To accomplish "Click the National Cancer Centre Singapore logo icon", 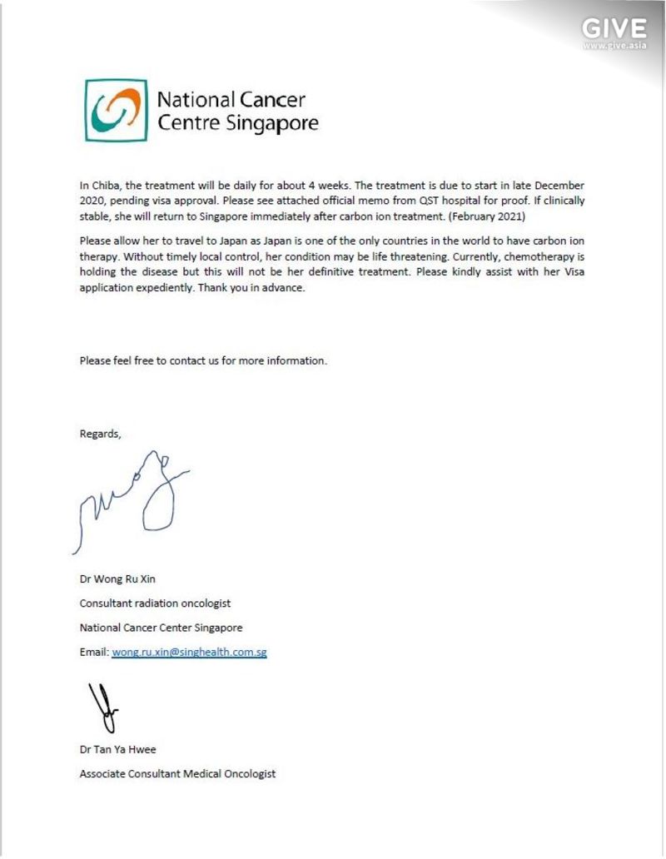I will [x=116, y=112].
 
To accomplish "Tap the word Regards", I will [x=100, y=434].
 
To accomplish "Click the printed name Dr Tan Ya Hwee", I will [x=117, y=749].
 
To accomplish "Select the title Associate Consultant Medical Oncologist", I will [x=177, y=773].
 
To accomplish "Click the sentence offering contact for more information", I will [x=203, y=360].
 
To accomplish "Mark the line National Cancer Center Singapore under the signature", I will [x=161, y=628].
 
